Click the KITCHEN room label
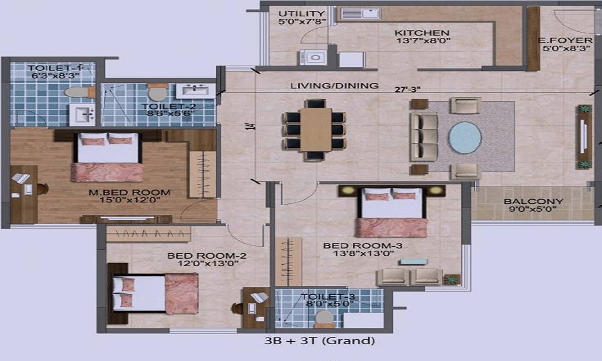422,33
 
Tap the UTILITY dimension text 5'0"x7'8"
302,22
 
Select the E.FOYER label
565,40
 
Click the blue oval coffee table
465,138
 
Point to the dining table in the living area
315,129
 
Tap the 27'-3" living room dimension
408,90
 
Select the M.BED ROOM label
129,193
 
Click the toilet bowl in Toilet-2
157,92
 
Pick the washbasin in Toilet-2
196,91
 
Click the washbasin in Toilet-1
82,115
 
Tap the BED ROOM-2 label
207,256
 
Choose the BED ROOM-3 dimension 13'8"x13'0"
364,253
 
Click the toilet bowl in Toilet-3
324,319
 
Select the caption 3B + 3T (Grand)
320,341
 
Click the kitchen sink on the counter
361,14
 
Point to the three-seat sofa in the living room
424,137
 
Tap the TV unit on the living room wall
584,137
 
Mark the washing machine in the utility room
313,58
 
